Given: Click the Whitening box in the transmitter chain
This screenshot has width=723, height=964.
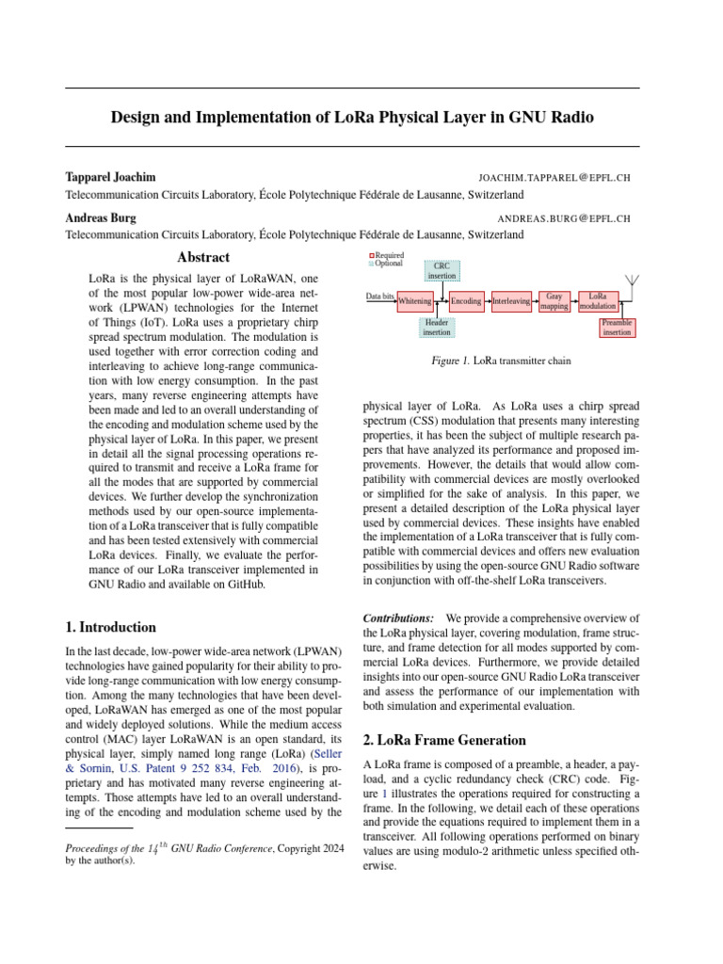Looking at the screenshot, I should [415, 301].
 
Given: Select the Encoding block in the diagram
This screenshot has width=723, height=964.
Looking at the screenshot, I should [466, 301].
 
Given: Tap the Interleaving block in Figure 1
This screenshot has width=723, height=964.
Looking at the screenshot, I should [512, 301].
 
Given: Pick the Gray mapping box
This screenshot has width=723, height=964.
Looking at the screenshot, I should [554, 301].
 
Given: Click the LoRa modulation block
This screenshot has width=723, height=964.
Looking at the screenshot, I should [598, 301].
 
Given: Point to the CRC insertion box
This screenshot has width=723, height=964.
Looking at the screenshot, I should [442, 271].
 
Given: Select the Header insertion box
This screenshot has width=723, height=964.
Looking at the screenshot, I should [437, 328].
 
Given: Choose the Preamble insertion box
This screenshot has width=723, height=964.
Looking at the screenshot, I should [617, 328].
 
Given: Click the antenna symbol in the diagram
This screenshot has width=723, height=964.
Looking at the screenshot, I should [633, 282].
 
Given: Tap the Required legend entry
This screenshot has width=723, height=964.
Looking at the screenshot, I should [387, 255].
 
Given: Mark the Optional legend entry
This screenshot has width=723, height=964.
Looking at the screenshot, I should [386, 264].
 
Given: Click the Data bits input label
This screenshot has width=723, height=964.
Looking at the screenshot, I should [380, 297].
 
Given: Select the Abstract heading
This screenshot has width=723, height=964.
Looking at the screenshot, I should [203, 257].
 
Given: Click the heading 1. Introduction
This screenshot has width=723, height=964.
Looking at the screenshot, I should [110, 627].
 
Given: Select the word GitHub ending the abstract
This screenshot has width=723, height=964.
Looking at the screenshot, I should [243, 584].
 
